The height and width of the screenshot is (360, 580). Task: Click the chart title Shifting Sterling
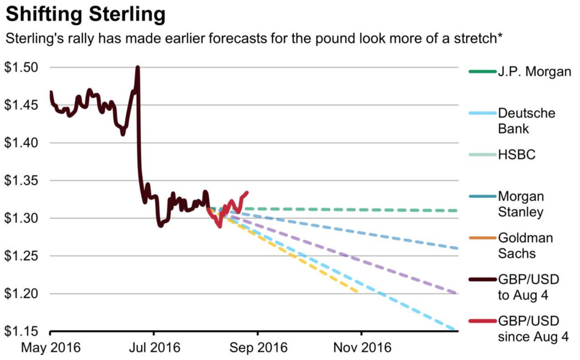(85, 14)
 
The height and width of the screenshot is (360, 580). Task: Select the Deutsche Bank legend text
(526, 121)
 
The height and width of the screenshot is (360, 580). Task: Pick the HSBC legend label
(516, 156)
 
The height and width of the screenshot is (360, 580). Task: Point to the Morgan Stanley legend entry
(521, 204)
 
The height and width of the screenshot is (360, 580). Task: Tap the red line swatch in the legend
(482, 322)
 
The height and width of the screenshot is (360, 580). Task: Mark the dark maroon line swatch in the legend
(482, 280)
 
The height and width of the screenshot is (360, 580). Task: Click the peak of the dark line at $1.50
(137, 68)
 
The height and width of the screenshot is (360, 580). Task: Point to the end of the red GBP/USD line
(247, 192)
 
